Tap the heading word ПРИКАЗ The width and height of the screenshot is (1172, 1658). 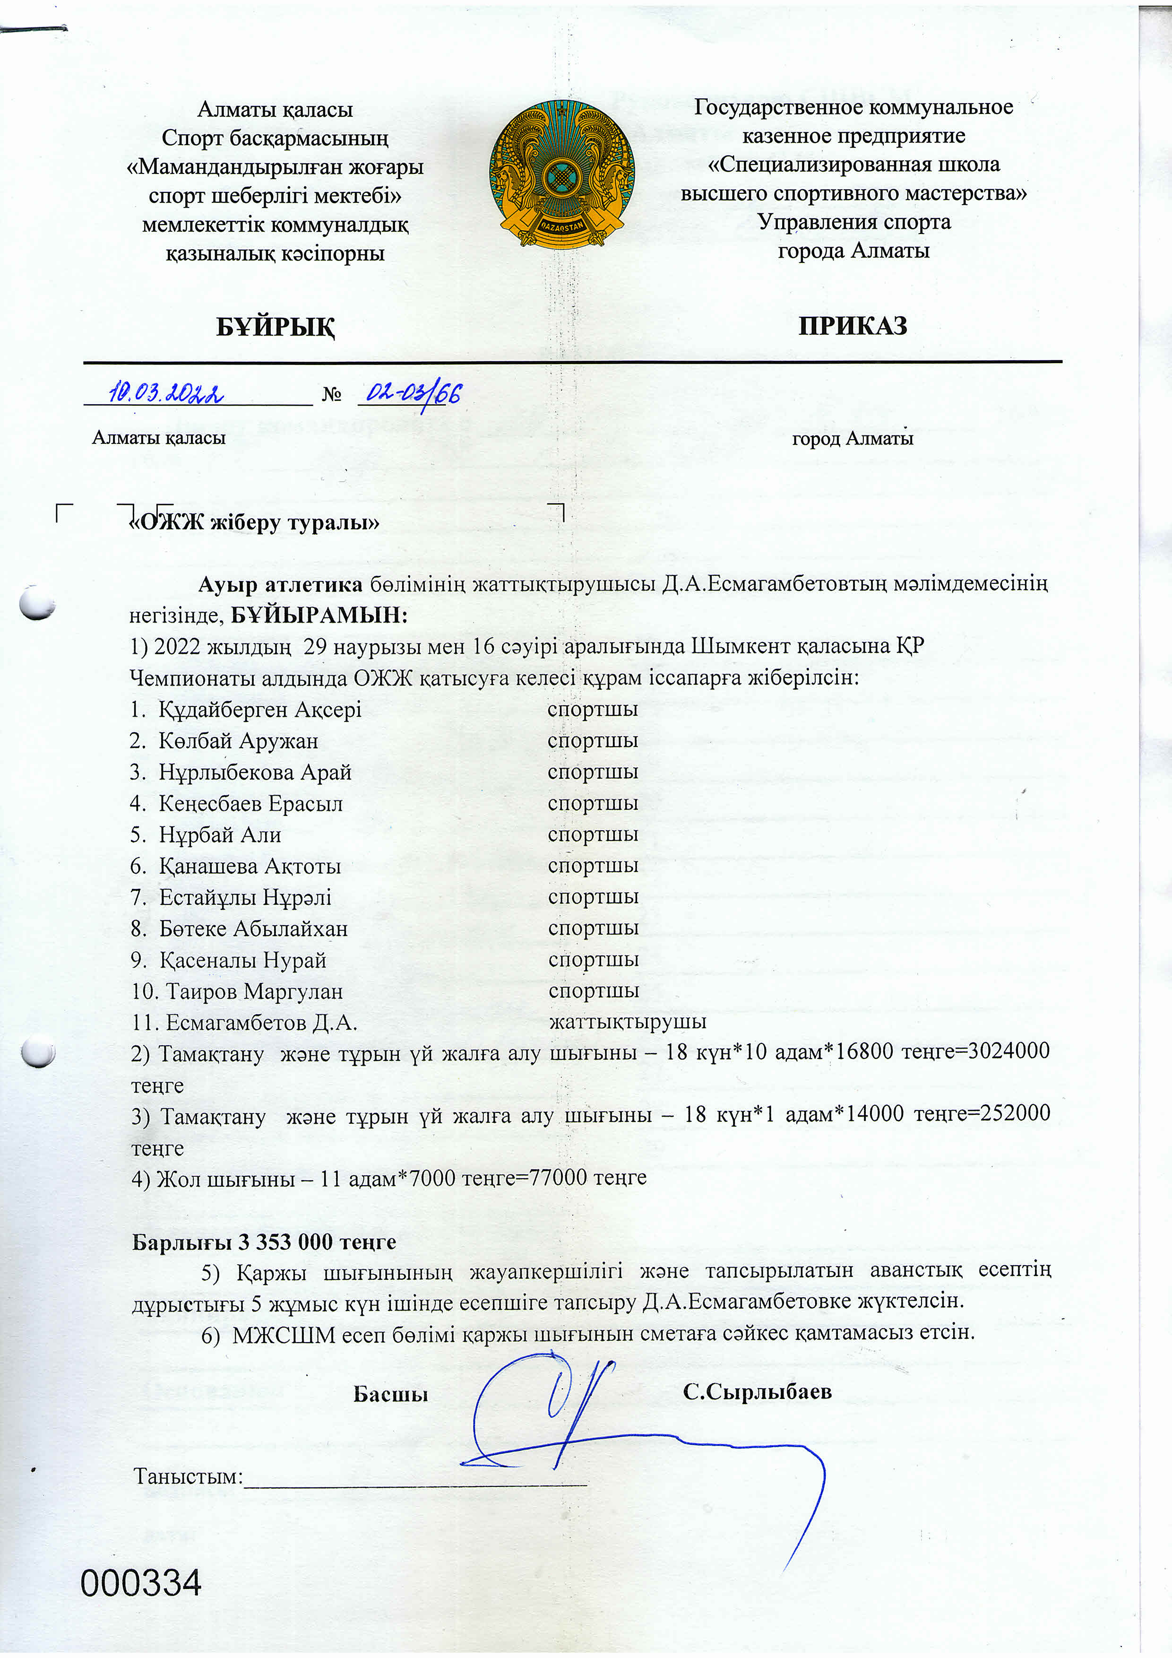(x=852, y=326)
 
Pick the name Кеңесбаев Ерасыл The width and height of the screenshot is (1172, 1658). (x=250, y=803)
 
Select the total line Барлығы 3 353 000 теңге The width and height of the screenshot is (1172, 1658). (x=264, y=1241)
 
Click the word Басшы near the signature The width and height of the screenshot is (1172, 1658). (x=390, y=1393)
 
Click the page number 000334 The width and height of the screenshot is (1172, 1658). (x=141, y=1583)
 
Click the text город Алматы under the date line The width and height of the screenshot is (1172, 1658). (x=852, y=438)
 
